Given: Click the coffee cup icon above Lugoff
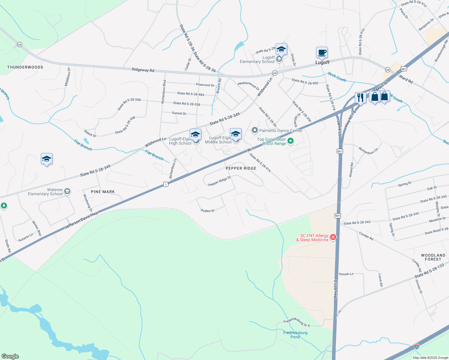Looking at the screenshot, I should tap(322, 52).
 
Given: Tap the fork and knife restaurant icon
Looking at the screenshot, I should tap(360, 97).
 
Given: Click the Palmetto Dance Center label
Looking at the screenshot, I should tap(281, 130).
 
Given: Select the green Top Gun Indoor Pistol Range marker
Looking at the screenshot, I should tap(291, 141).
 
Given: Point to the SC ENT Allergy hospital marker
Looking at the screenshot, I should tap(333, 237).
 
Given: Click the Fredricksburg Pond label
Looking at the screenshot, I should tap(295, 335).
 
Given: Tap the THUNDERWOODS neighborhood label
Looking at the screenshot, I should tap(25, 67).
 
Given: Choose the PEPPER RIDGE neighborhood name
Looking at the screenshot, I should tap(241, 168).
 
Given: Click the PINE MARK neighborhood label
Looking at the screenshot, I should tap(103, 192).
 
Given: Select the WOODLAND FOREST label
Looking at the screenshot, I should tap(433, 257).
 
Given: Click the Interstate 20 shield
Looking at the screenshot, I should tap(416, 346).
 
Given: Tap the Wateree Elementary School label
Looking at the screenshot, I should tap(45, 192).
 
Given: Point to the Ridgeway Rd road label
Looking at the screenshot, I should tap(143, 70).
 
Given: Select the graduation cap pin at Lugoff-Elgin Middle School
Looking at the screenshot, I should tap(236, 134).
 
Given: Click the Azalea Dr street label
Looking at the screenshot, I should tap(207, 211).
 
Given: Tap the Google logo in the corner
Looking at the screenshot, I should tap(10, 356).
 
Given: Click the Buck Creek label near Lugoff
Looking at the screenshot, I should tap(337, 77).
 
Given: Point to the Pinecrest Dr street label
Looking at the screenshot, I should tap(205, 85).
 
